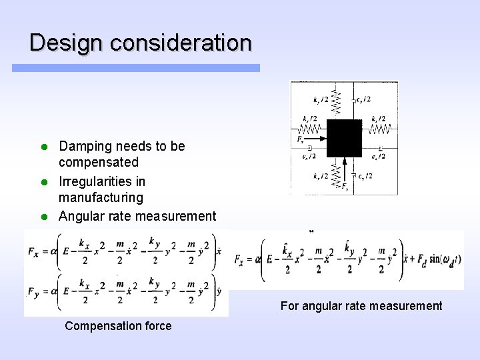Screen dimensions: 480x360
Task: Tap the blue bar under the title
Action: pyautogui.click(x=136, y=68)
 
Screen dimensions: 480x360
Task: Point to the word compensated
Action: pyautogui.click(x=99, y=162)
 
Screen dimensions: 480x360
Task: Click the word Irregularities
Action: pyautogui.click(x=102, y=181)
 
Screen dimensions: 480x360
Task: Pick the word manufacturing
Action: pyautogui.click(x=101, y=197)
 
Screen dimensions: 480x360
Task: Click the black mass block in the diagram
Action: pyautogui.click(x=344, y=138)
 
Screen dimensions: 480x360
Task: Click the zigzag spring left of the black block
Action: pyautogui.click(x=310, y=129)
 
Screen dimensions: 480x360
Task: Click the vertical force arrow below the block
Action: pyautogui.click(x=345, y=169)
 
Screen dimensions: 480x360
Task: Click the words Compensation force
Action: pyautogui.click(x=118, y=326)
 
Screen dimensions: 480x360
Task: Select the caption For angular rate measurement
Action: pyautogui.click(x=361, y=306)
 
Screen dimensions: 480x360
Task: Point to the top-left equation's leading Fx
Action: pyautogui.click(x=33, y=251)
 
